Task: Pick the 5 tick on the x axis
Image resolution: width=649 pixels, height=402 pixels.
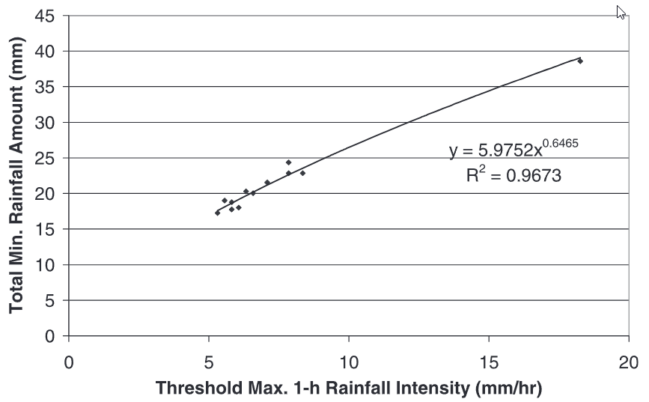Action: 209,359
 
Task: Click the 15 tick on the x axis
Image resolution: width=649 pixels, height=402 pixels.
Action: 489,359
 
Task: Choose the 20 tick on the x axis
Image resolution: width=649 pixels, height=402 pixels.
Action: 629,359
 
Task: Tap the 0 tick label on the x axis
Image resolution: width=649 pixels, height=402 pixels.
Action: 69,359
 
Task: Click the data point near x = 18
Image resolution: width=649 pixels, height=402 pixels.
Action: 580,61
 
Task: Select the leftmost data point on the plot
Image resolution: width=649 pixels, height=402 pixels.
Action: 217,213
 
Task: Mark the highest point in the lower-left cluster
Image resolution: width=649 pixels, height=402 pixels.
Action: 288,162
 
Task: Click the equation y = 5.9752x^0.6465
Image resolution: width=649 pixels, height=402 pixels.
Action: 514,150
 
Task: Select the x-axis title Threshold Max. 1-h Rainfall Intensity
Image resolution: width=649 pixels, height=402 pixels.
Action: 348,389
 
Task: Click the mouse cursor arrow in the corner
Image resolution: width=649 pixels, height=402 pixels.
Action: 621,11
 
